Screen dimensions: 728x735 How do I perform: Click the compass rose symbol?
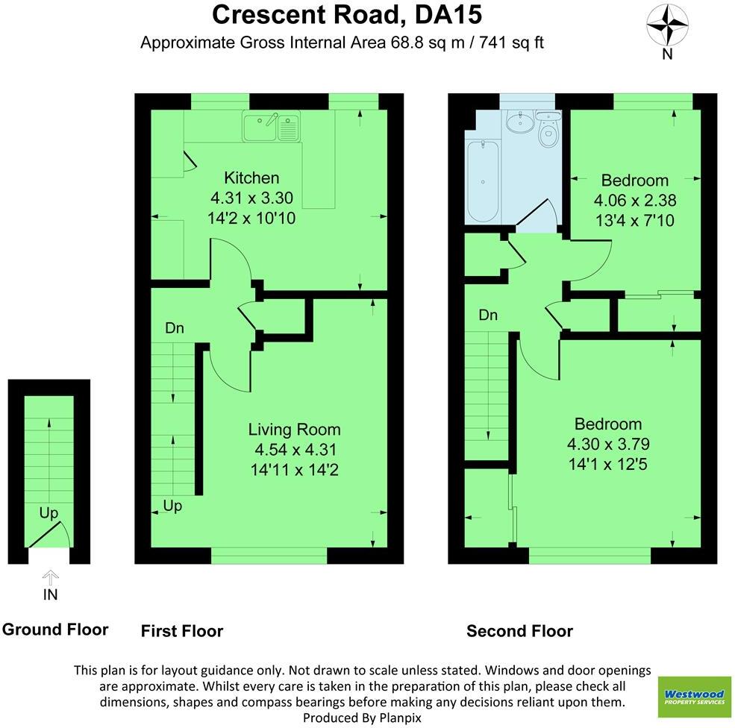click(x=667, y=25)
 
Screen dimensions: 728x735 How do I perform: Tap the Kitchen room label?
click(x=252, y=178)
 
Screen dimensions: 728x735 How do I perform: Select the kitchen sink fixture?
click(x=270, y=126)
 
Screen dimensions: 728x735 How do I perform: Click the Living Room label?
click(x=294, y=429)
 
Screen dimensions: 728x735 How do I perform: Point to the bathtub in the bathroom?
click(x=483, y=181)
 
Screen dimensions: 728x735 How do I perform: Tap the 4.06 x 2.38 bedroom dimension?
click(x=634, y=200)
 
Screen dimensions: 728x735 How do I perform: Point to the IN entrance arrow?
click(x=50, y=578)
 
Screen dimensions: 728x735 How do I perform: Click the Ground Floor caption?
click(x=55, y=629)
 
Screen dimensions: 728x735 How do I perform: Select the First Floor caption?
click(x=182, y=631)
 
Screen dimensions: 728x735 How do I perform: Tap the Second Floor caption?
click(x=519, y=631)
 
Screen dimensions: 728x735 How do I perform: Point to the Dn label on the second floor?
click(x=488, y=316)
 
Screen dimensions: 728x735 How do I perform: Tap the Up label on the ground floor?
click(x=49, y=513)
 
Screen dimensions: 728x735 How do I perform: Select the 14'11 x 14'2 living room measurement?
click(x=295, y=470)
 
